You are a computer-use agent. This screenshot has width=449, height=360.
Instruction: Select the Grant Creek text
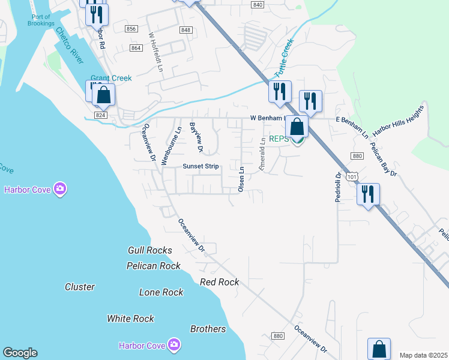(x=111, y=78)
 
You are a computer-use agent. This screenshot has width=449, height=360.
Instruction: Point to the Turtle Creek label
(x=285, y=58)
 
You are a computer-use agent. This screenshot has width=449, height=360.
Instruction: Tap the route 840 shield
(x=258, y=5)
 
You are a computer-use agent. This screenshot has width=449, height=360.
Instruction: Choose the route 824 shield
(x=100, y=115)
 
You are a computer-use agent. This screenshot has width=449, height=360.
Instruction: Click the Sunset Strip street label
(x=201, y=166)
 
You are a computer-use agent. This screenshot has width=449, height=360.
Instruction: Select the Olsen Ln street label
(x=241, y=179)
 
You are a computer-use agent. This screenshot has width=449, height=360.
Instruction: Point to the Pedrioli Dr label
(x=339, y=187)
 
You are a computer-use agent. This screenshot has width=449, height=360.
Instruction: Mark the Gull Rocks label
(x=150, y=250)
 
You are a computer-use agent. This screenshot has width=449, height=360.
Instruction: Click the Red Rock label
(x=219, y=282)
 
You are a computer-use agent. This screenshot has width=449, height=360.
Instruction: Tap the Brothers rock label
(x=208, y=329)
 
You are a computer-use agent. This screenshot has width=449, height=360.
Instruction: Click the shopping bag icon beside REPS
(x=297, y=127)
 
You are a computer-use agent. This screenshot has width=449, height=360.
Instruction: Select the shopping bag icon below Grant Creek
(x=103, y=95)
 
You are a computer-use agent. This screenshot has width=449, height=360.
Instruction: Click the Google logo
(x=20, y=353)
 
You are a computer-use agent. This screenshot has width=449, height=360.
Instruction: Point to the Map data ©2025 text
(x=423, y=355)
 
